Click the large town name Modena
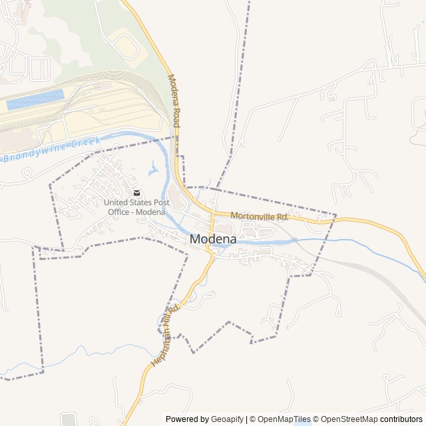(212, 239)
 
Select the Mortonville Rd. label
(260, 216)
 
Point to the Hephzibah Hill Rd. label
(165, 335)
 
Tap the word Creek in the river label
(85, 142)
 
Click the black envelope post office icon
(136, 193)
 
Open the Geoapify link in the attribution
(228, 419)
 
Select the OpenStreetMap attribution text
(349, 419)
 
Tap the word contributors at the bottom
(401, 419)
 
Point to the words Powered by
(187, 419)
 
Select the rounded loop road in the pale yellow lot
(125, 46)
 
